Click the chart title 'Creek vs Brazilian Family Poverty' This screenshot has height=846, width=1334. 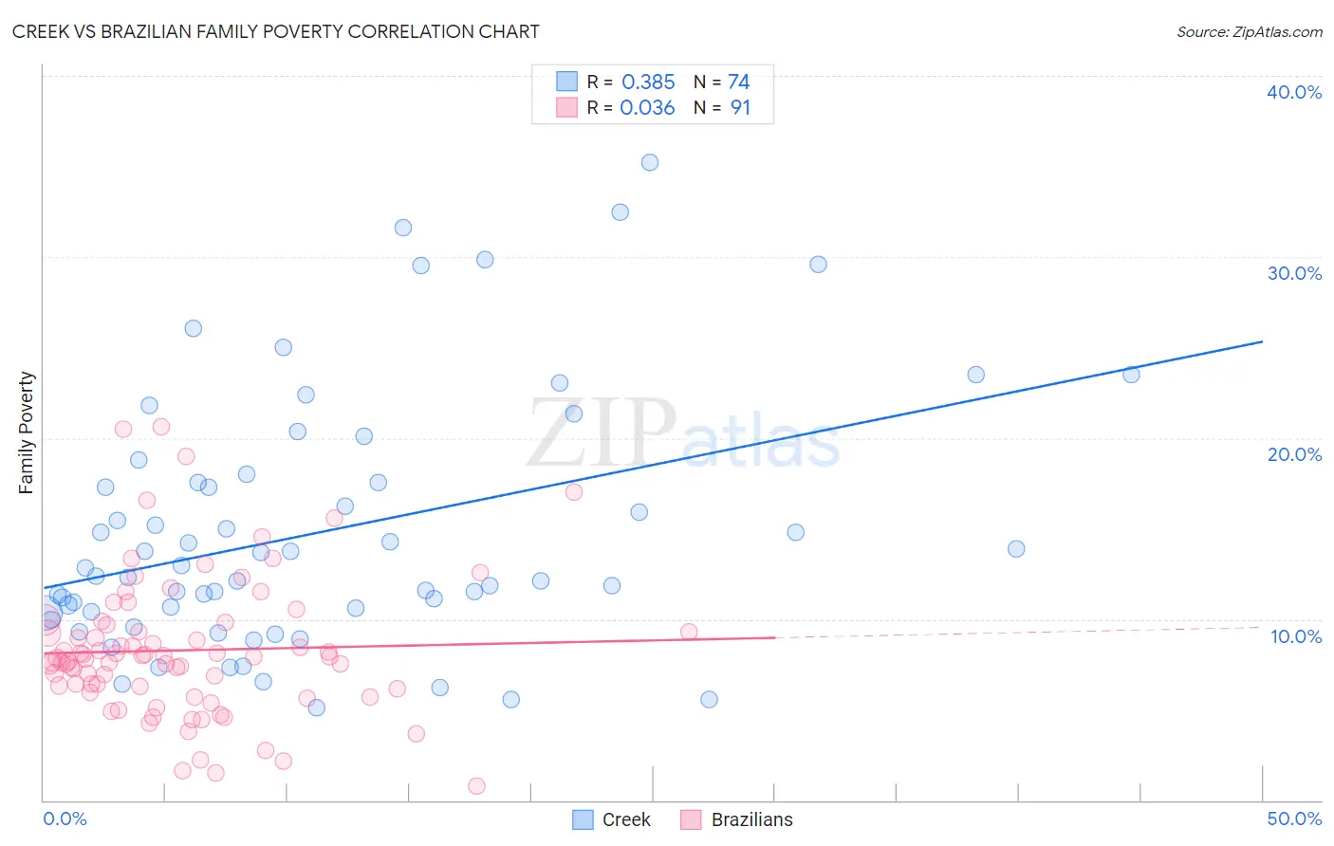pyautogui.click(x=275, y=31)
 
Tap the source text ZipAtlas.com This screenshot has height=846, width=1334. pyautogui.click(x=1249, y=31)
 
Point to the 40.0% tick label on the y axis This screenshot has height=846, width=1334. pyautogui.click(x=1294, y=92)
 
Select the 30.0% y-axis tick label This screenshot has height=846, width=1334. pyautogui.click(x=1294, y=273)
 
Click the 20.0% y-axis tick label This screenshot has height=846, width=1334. pyautogui.click(x=1294, y=454)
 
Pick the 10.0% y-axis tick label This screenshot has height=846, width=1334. pyautogui.click(x=1295, y=636)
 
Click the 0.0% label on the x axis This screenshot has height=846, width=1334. pyautogui.click(x=65, y=818)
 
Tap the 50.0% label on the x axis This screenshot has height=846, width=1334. pyautogui.click(x=1294, y=818)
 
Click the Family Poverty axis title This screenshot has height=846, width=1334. pyautogui.click(x=27, y=432)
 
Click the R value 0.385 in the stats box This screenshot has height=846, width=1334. pyautogui.click(x=648, y=83)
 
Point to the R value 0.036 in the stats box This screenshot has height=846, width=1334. pyautogui.click(x=647, y=108)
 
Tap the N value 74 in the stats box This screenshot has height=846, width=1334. pyautogui.click(x=738, y=83)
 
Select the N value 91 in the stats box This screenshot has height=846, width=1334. pyautogui.click(x=740, y=108)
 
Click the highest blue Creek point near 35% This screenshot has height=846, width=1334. pyautogui.click(x=650, y=162)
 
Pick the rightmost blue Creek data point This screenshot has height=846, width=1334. pyautogui.click(x=1131, y=375)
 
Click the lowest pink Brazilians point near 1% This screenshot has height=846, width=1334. pyautogui.click(x=476, y=785)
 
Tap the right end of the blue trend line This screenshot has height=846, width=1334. pyautogui.click(x=1262, y=341)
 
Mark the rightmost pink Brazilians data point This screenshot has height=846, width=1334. pyautogui.click(x=689, y=632)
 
